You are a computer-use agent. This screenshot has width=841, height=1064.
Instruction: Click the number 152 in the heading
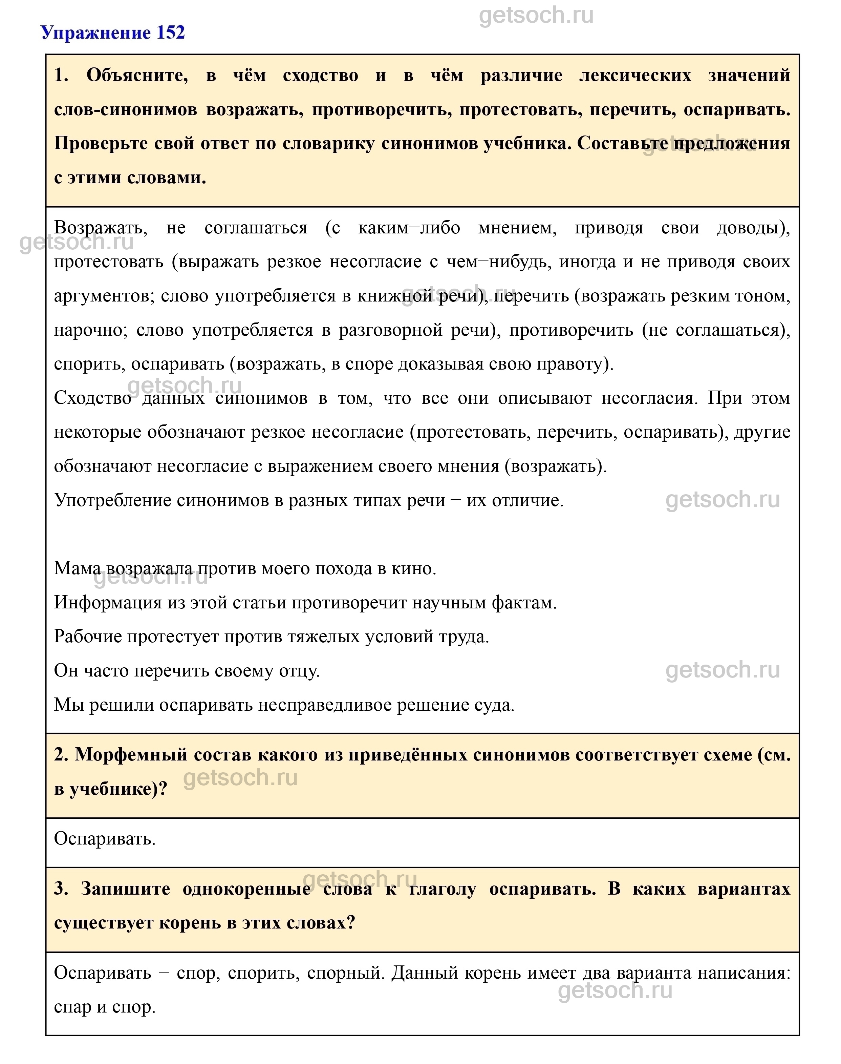point(170,33)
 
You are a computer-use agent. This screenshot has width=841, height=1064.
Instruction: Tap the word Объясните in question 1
point(137,75)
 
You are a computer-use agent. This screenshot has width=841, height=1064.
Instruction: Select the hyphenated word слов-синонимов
point(126,109)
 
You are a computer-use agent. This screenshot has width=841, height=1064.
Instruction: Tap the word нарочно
point(91,330)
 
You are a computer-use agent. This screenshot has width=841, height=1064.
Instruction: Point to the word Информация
point(108,602)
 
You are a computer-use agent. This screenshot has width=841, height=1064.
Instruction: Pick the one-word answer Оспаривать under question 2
point(104,838)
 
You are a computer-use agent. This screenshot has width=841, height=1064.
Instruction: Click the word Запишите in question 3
point(126,889)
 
